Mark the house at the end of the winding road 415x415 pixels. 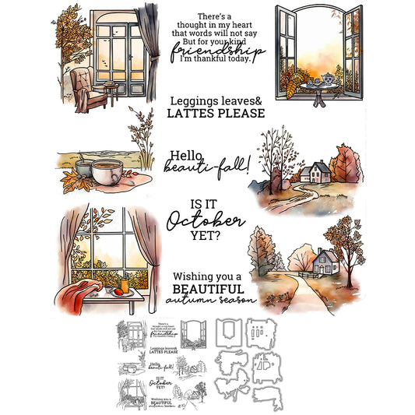tap(315, 171)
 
